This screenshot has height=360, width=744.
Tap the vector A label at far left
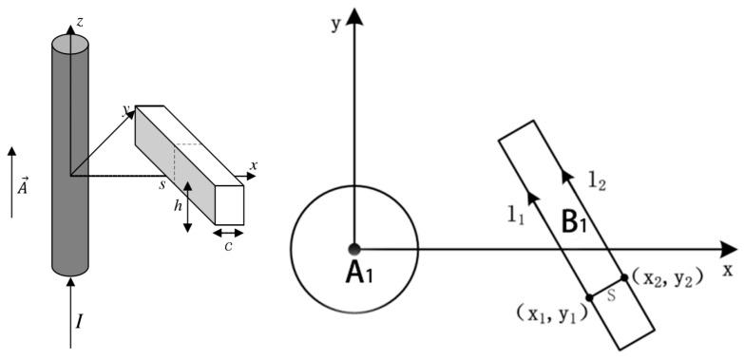24,185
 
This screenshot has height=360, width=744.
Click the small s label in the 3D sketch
163,182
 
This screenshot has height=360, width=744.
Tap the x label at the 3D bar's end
254,166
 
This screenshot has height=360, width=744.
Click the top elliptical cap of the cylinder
69,43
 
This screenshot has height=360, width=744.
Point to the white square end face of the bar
230,203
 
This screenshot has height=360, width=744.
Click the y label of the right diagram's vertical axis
335,23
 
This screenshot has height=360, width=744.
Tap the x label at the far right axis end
728,269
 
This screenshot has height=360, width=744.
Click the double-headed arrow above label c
229,232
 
